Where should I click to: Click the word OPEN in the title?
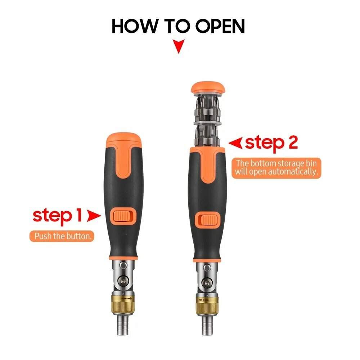(x=220, y=26)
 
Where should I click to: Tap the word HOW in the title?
(x=135, y=26)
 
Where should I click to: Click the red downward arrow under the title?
(x=179, y=46)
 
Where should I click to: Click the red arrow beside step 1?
(x=94, y=216)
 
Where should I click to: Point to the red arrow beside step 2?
(x=235, y=143)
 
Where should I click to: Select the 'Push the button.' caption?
(x=62, y=236)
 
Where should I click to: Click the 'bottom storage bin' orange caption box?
(x=276, y=168)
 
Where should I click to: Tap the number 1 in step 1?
(x=79, y=215)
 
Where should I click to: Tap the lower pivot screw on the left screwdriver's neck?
(x=123, y=280)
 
